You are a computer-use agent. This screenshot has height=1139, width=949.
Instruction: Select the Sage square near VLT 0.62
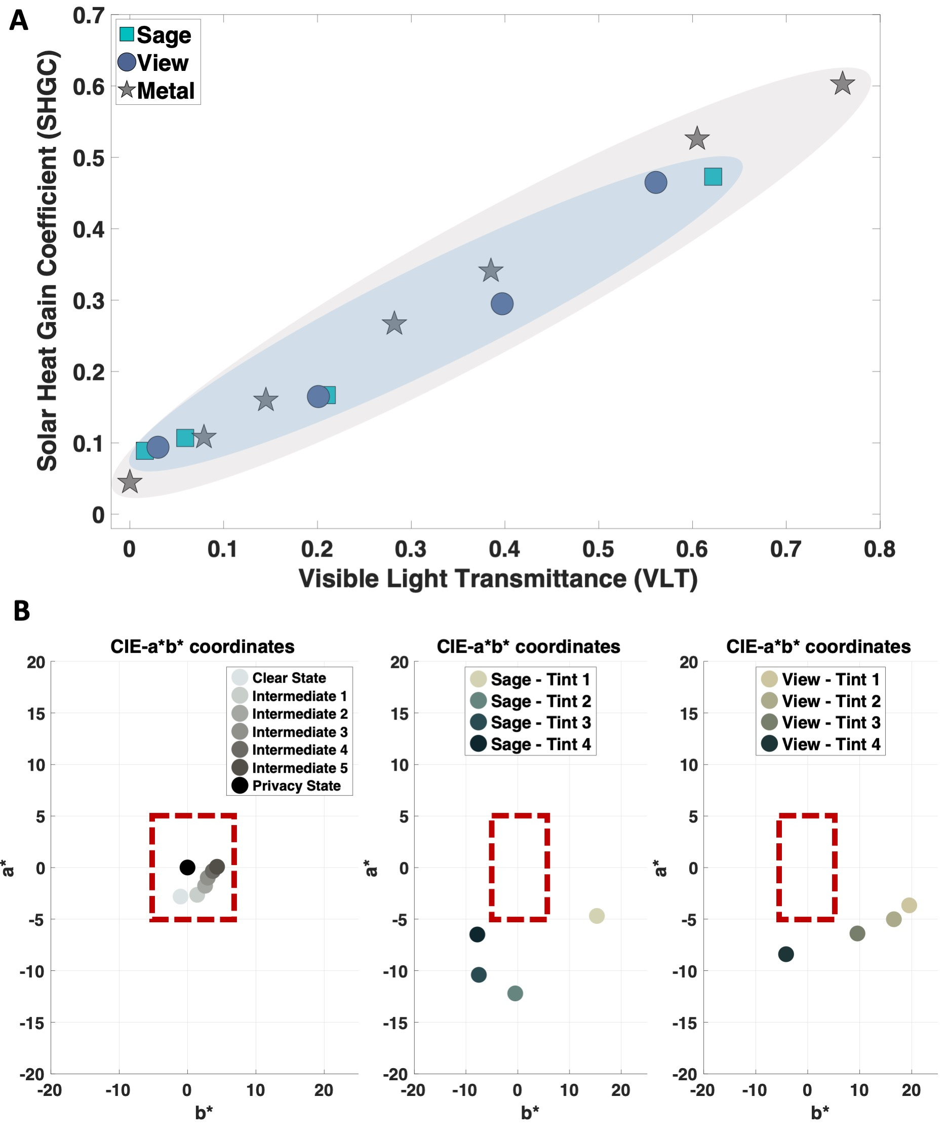click(x=713, y=176)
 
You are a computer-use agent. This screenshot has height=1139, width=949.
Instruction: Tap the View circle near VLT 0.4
click(x=502, y=304)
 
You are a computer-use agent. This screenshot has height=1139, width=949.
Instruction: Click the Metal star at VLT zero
click(x=130, y=482)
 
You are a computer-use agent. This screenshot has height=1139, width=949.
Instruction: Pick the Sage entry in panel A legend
click(x=155, y=35)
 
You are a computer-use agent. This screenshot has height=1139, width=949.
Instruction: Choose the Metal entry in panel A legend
click(x=157, y=90)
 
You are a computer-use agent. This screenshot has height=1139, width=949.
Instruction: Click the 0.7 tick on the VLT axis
click(x=785, y=549)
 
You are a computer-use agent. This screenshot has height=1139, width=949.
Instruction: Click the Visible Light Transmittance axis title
click(x=498, y=579)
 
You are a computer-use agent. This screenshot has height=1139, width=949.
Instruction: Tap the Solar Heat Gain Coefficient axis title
click(x=47, y=260)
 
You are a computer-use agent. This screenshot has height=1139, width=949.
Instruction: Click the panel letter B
click(x=22, y=611)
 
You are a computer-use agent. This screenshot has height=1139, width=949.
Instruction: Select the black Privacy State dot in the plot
click(x=187, y=867)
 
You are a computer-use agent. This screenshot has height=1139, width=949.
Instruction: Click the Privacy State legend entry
click(x=288, y=785)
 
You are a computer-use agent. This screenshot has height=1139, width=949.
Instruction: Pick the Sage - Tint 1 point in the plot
click(x=597, y=916)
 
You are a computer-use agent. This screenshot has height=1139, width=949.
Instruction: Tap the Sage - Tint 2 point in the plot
click(x=515, y=993)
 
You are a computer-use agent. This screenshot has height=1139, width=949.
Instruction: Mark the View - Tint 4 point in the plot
click(x=786, y=954)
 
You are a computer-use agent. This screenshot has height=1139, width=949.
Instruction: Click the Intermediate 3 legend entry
click(x=290, y=732)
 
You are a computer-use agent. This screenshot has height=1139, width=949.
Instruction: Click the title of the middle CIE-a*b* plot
click(x=528, y=647)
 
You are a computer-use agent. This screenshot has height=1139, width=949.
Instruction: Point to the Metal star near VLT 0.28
click(x=394, y=324)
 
